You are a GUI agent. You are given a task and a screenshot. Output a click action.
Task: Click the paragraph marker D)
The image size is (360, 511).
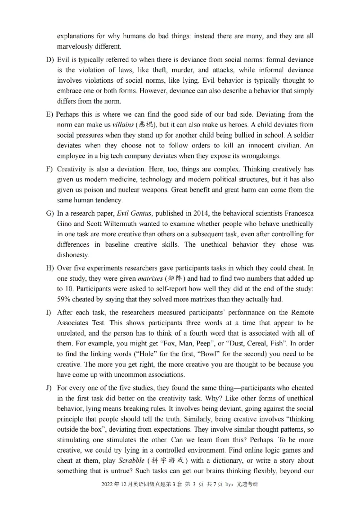tap(49, 60)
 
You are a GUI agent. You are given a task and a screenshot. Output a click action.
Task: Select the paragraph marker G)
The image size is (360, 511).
tap(49, 213)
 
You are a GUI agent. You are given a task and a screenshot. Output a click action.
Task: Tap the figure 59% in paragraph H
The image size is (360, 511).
tap(64, 300)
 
